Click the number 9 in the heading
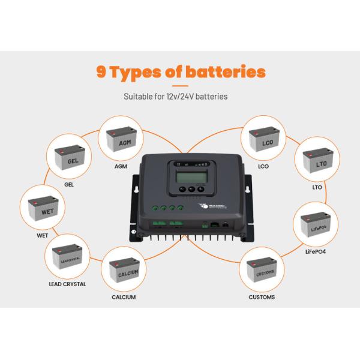pyautogui.click(x=102, y=73)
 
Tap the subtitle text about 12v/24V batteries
pyautogui.click(x=175, y=95)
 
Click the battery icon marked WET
pyautogui.click(x=43, y=209)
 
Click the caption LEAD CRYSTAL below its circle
pyautogui.click(x=66, y=284)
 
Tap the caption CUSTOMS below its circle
pyautogui.click(x=262, y=297)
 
